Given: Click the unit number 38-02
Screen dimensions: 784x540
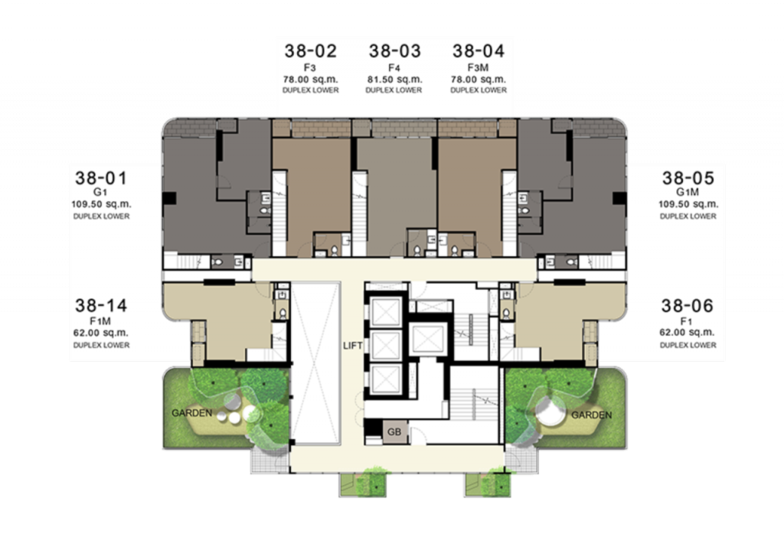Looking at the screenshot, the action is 311,51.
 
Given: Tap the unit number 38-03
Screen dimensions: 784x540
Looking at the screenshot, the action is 394,51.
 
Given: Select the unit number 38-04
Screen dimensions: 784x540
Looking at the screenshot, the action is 479,51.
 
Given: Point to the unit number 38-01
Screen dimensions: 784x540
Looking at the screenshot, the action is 101,178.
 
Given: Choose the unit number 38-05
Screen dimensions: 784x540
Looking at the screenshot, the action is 688,178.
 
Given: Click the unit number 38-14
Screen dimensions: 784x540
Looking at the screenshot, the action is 101,306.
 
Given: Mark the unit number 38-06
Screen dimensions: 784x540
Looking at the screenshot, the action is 688,306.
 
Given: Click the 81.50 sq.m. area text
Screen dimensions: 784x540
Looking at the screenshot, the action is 394,80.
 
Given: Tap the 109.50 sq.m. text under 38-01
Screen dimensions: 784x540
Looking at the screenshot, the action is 101,203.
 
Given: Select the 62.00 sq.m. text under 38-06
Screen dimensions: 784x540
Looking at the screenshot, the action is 688,332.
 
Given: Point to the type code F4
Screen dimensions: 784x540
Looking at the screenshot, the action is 394,67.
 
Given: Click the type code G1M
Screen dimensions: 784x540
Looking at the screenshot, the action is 688,192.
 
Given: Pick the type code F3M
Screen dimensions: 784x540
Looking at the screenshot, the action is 478,67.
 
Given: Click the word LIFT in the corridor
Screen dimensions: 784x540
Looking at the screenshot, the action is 353,346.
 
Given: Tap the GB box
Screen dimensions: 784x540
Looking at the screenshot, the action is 394,431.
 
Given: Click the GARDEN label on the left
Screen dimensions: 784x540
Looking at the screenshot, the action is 192,413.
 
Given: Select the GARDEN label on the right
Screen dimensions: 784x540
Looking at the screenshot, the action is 592,415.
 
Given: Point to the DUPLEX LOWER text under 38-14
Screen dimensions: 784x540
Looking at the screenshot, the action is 101,345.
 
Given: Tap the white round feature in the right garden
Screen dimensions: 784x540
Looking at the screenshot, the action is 550,412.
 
